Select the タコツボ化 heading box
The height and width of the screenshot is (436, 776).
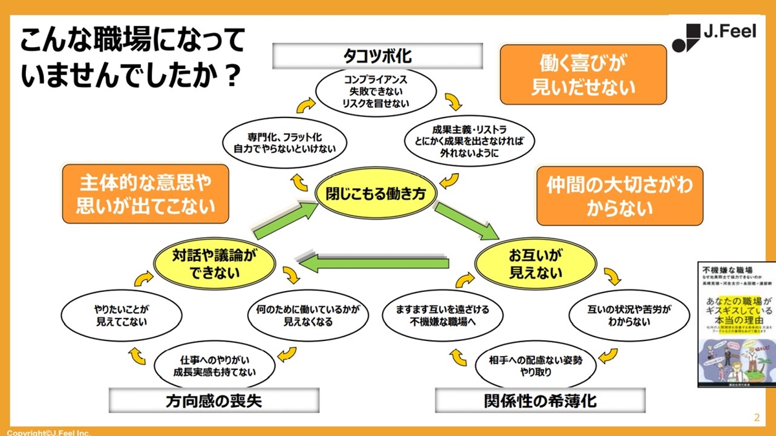(377, 56)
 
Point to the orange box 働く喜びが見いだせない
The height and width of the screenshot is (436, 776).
(583, 74)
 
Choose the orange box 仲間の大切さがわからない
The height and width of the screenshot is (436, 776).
(620, 196)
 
